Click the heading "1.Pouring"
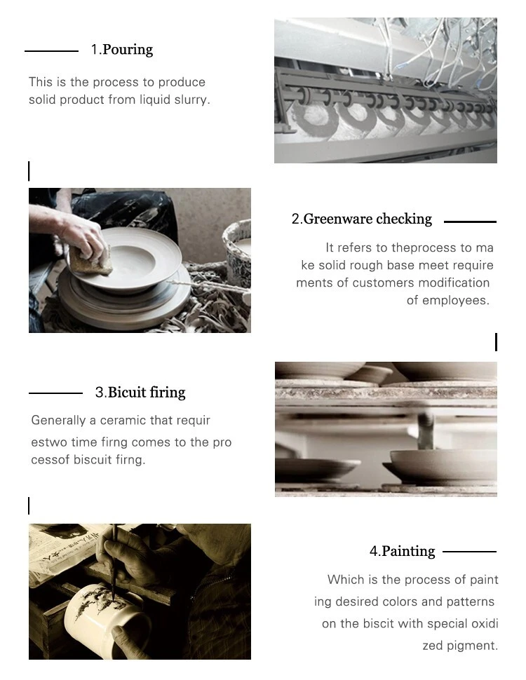(121, 50)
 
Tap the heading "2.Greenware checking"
(361, 219)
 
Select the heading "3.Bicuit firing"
(140, 393)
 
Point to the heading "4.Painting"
(402, 552)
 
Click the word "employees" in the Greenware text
(459, 301)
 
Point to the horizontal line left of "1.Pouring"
(51, 50)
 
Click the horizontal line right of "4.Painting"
(469, 552)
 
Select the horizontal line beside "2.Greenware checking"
(470, 222)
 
